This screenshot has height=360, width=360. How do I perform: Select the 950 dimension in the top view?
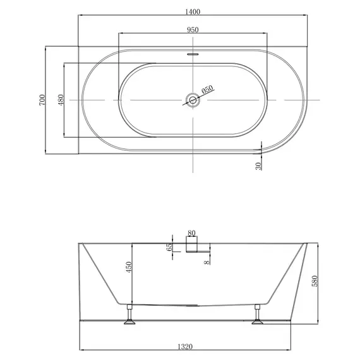point(193,30)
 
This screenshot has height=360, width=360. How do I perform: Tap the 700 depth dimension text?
point(42,99)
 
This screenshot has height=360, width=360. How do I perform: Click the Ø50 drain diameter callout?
point(208,90)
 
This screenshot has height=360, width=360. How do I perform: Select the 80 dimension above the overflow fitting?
point(191,232)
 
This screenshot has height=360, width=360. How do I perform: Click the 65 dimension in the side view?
point(169,247)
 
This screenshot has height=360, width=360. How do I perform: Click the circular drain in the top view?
point(193,99)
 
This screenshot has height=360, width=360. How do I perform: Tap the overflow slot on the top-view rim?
point(193,54)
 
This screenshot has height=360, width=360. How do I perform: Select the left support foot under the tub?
point(129,315)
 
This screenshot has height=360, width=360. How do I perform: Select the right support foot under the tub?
point(258,315)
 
